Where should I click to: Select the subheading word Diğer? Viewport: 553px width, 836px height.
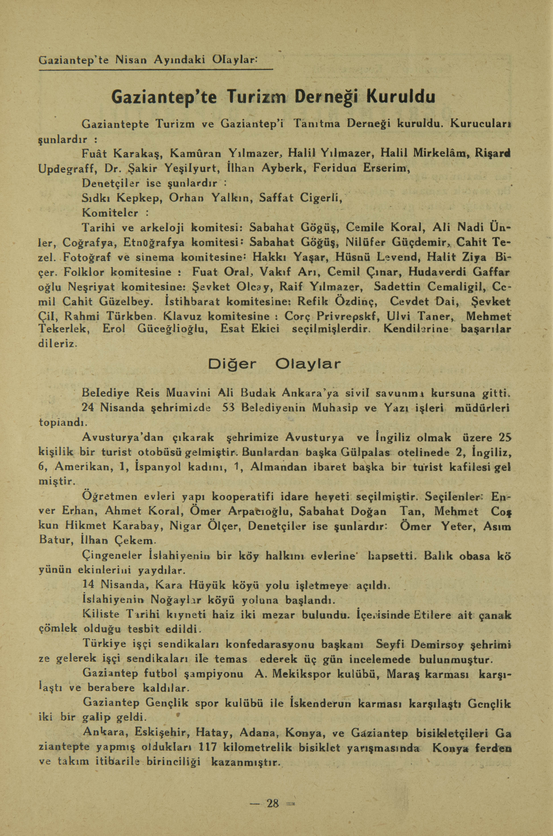[233, 364]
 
